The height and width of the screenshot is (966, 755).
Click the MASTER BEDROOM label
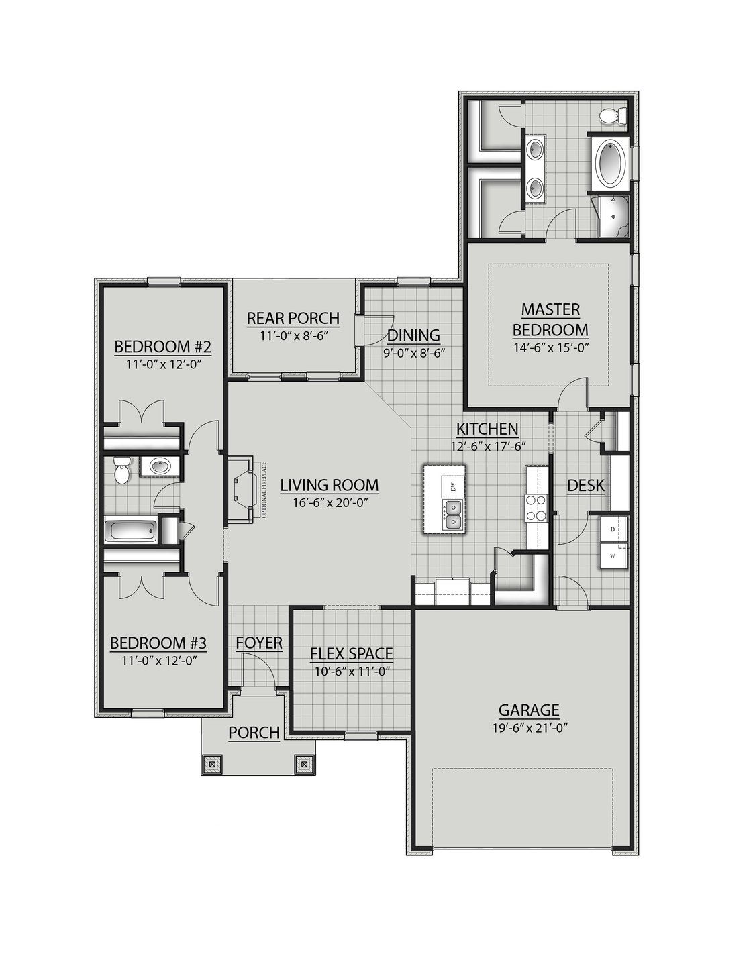(x=550, y=319)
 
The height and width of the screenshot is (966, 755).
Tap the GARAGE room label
(x=528, y=710)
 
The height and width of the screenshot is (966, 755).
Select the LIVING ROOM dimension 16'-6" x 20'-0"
(x=329, y=502)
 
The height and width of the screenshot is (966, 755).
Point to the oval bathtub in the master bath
(x=609, y=162)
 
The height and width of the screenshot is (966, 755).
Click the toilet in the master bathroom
(x=613, y=115)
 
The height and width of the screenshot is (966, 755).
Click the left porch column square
(x=212, y=763)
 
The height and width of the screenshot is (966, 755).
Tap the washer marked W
(x=613, y=556)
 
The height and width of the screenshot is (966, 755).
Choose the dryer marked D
(x=613, y=529)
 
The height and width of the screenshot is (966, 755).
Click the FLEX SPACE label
(x=351, y=653)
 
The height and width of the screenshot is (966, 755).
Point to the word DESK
(x=585, y=485)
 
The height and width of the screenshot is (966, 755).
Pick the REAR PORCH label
(x=293, y=317)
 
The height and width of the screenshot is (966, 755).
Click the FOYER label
(x=259, y=643)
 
